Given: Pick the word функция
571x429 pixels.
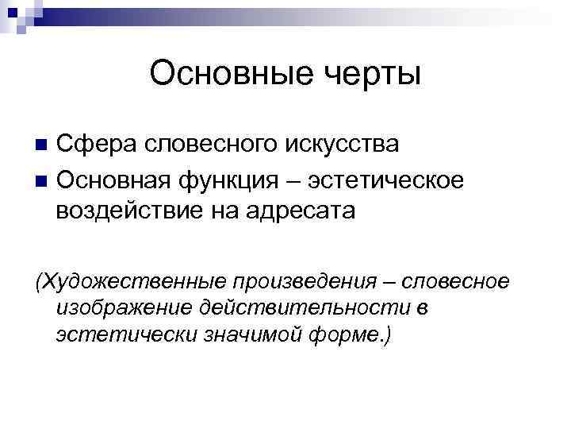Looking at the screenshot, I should [x=231, y=179].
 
